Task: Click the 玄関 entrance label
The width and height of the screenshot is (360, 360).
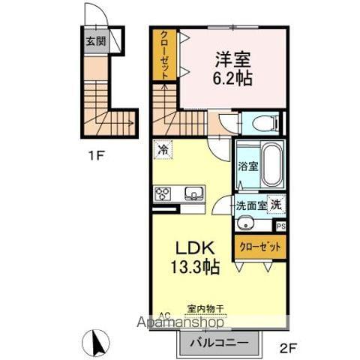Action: tap(93, 41)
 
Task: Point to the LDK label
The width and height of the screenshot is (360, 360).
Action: tap(197, 248)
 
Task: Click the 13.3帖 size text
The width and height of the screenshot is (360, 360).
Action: tap(197, 268)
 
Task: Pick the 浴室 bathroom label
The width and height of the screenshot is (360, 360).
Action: tap(247, 167)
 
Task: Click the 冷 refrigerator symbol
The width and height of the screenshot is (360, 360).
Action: tap(163, 149)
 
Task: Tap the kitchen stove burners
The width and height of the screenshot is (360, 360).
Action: tap(163, 195)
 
